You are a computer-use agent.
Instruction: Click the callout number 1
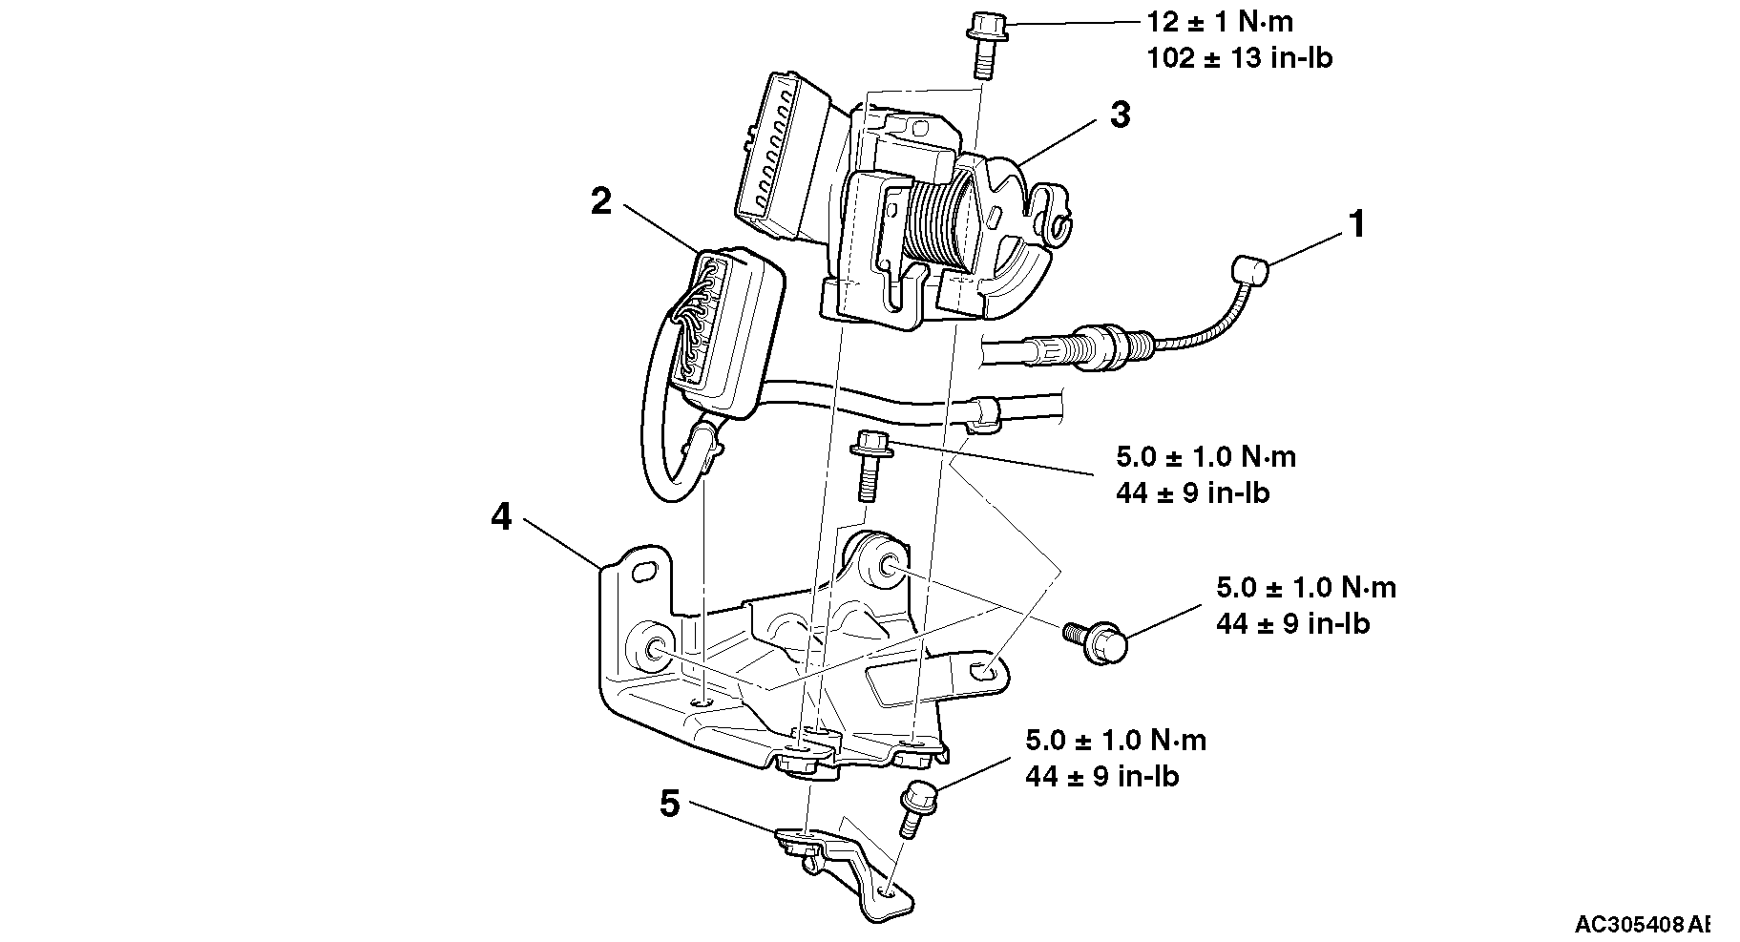(x=1355, y=226)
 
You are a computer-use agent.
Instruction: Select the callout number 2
(x=600, y=202)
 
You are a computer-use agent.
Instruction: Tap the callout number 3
(x=1120, y=115)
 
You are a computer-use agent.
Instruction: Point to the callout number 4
(x=501, y=518)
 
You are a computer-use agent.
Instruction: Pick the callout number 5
(x=670, y=805)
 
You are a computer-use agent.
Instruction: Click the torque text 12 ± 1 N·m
(x=1220, y=21)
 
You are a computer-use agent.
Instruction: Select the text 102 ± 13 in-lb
(x=1239, y=58)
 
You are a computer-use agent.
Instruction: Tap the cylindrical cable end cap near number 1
(x=1249, y=271)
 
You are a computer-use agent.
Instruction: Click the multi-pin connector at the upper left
(x=778, y=155)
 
